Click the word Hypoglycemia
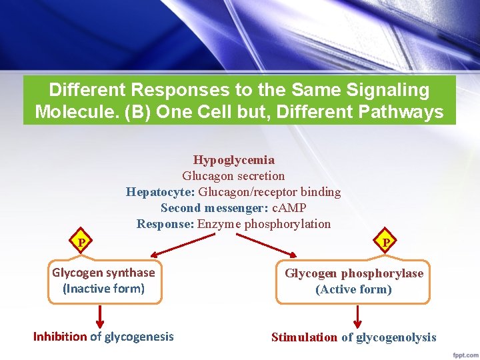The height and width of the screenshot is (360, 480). tap(233, 160)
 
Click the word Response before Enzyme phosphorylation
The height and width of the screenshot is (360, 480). tap(165, 224)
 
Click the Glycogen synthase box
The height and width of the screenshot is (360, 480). tap(103, 281)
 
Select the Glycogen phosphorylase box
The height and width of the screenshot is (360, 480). tap(354, 281)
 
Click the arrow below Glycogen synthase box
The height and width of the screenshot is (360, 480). tap(101, 315)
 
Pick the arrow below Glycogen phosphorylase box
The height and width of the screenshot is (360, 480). tap(357, 316)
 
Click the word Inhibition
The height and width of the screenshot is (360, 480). tap(60, 337)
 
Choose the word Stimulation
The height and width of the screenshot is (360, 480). tap(304, 337)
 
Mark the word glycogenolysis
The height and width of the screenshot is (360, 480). tap(396, 337)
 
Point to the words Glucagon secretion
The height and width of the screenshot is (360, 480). tap(233, 176)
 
